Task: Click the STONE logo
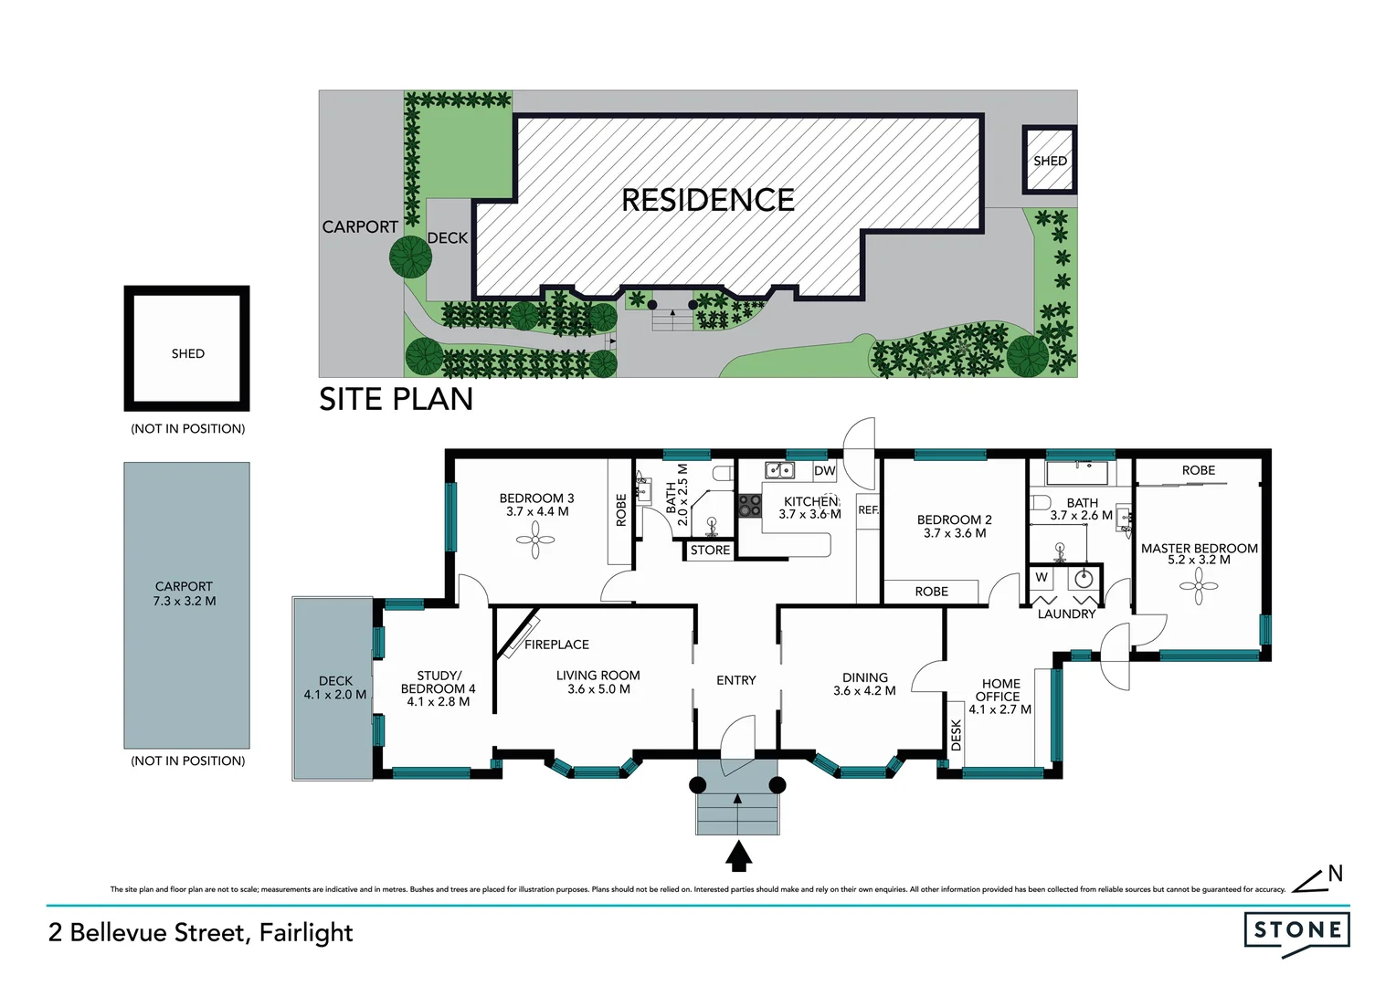(1296, 930)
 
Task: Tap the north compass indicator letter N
(1335, 874)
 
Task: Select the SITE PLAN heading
(396, 400)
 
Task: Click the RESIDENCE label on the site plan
(707, 200)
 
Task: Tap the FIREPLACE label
(556, 645)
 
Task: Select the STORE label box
(710, 551)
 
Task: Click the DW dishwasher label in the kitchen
(824, 471)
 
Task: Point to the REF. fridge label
(868, 510)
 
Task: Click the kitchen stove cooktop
(750, 505)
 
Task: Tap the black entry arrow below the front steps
(738, 856)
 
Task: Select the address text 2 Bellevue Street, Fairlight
(200, 932)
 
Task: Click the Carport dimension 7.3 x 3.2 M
(185, 601)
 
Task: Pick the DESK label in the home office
(957, 735)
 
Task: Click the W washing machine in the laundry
(1042, 578)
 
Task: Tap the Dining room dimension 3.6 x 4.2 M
(864, 691)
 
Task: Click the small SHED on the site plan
(1050, 161)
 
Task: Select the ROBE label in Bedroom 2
(931, 592)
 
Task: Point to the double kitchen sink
(779, 470)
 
